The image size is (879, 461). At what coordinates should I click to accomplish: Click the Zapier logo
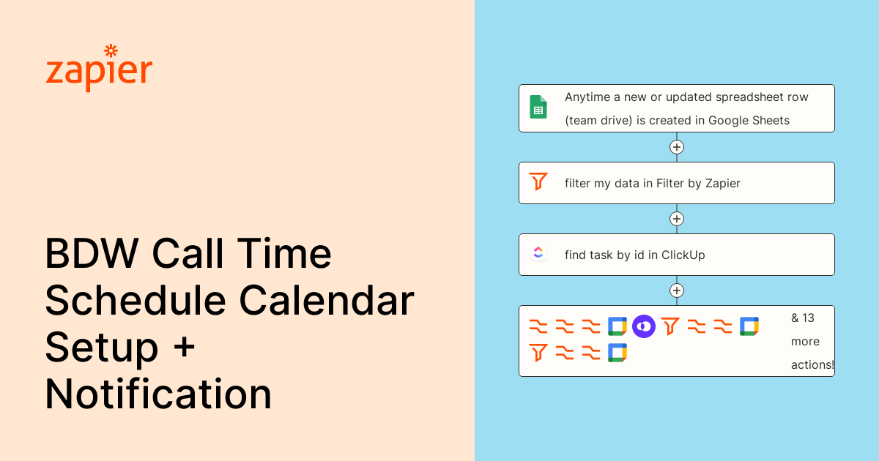tap(99, 69)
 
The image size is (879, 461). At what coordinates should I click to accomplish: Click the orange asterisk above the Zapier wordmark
tap(111, 50)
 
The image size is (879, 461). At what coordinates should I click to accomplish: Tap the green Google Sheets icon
tap(538, 108)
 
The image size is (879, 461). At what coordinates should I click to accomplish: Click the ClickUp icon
tap(538, 253)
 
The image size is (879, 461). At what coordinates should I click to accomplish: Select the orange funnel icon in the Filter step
tap(538, 181)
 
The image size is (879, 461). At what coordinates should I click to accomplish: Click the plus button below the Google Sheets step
tap(677, 147)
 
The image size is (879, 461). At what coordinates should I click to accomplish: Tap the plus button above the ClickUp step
tap(677, 219)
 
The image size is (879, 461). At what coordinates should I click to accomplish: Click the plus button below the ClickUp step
tap(677, 291)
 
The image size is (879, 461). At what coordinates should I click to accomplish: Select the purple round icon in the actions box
tap(643, 326)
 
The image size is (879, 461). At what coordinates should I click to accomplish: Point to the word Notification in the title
tap(158, 394)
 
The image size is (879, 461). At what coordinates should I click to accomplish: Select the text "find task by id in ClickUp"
tap(634, 255)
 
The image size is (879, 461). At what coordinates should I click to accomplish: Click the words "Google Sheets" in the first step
tap(749, 121)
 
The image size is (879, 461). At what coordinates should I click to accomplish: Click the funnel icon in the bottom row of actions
tap(538, 353)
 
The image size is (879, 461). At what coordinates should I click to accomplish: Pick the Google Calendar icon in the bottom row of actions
tap(617, 353)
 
